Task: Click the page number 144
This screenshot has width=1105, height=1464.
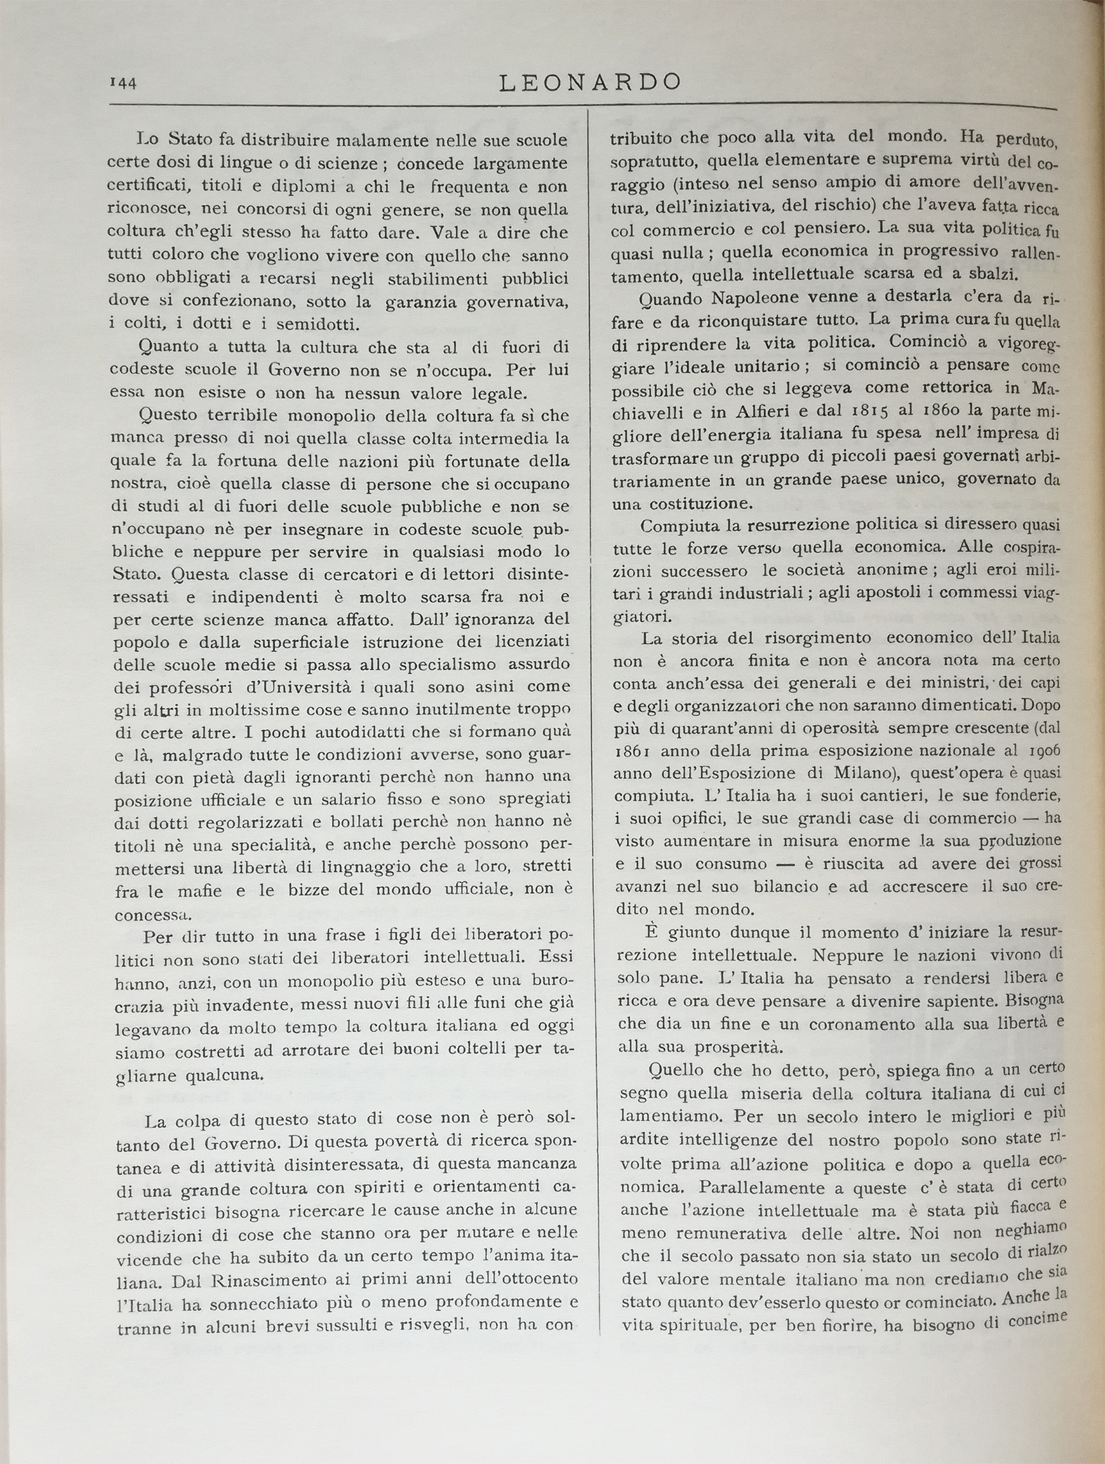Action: (123, 83)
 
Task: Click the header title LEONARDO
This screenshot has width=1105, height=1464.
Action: (589, 82)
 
